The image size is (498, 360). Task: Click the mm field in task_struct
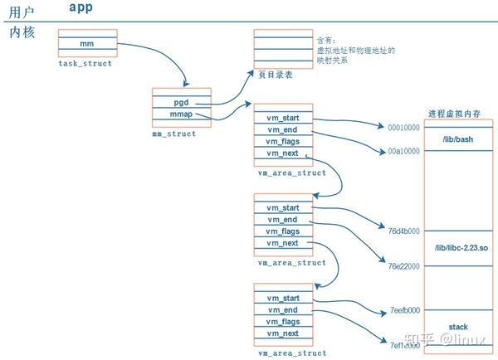[x=87, y=42]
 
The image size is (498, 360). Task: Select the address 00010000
[x=404, y=128]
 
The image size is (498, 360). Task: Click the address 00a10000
[x=404, y=153]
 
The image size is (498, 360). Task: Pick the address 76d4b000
[x=404, y=231]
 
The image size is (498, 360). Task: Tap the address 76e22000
[x=404, y=266]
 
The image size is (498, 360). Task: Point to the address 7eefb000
[x=404, y=310]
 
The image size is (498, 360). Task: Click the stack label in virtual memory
[x=457, y=327]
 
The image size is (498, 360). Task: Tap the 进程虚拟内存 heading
[x=456, y=113]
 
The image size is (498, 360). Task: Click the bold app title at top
[x=82, y=7]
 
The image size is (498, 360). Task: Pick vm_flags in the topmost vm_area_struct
[x=283, y=142]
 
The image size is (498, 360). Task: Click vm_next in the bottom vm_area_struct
[x=283, y=333]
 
